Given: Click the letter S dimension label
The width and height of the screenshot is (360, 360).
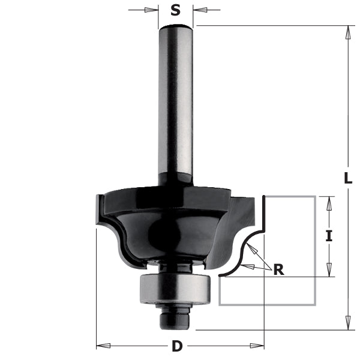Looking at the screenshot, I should [x=175, y=10].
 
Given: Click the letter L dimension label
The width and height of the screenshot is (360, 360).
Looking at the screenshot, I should [x=348, y=178].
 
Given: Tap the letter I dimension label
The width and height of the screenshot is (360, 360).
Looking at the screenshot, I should [x=328, y=236].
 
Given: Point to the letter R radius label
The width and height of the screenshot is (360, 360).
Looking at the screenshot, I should [x=278, y=269].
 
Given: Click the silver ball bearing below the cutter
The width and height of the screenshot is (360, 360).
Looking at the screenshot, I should [x=174, y=289].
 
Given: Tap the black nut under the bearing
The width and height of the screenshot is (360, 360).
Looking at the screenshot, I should [x=175, y=318].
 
